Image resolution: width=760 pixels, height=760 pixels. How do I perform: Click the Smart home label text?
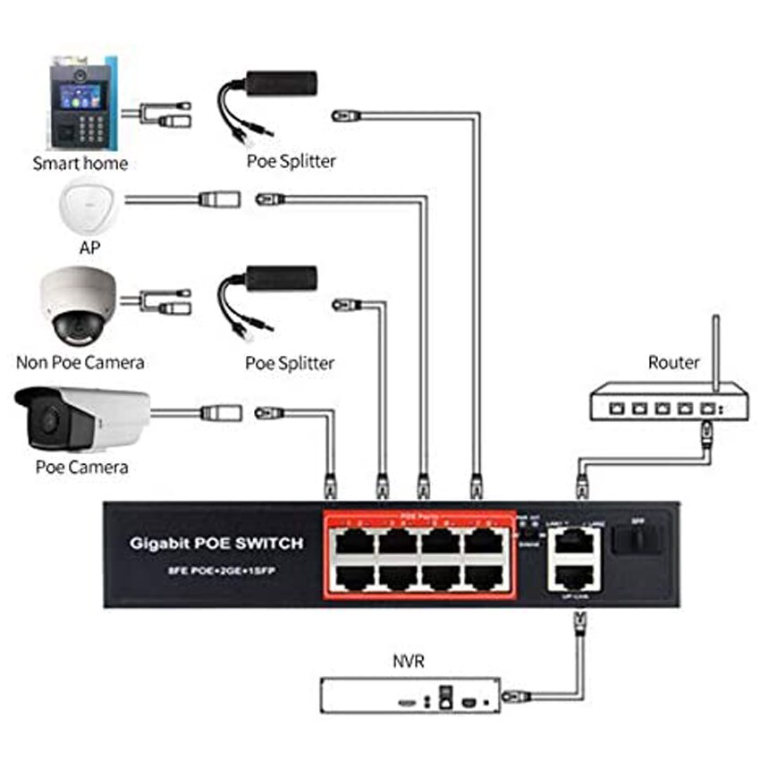[80, 164]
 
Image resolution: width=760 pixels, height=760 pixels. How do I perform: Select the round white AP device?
[89, 206]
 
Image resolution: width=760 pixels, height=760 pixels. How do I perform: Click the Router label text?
[673, 362]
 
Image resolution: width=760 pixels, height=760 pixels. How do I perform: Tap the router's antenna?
[714, 349]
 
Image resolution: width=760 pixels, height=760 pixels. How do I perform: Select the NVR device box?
[410, 695]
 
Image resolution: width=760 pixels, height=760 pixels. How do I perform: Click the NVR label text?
[408, 663]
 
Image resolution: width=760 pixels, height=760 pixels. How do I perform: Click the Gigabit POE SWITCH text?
[216, 543]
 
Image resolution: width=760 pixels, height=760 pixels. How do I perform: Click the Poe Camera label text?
[81, 467]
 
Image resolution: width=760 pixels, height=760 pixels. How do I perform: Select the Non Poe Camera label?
[80, 362]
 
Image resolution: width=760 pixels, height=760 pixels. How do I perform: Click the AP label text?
[89, 248]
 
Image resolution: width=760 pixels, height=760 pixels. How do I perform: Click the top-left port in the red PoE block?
[354, 541]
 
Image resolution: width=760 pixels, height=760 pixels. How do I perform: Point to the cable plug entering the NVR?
[514, 695]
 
